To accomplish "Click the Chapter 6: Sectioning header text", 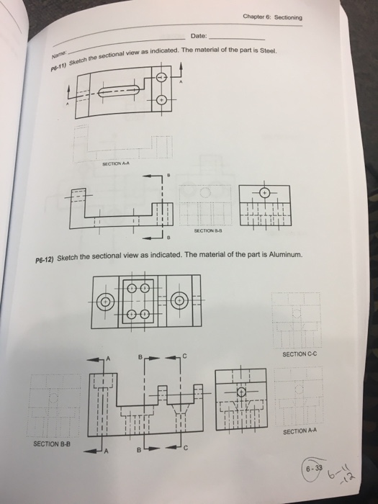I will point(272,18).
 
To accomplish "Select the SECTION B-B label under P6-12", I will point(50,444).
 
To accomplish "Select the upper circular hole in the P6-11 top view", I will point(161,78).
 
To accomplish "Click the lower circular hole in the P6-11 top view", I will point(161,101).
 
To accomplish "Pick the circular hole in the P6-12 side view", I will point(243,392).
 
